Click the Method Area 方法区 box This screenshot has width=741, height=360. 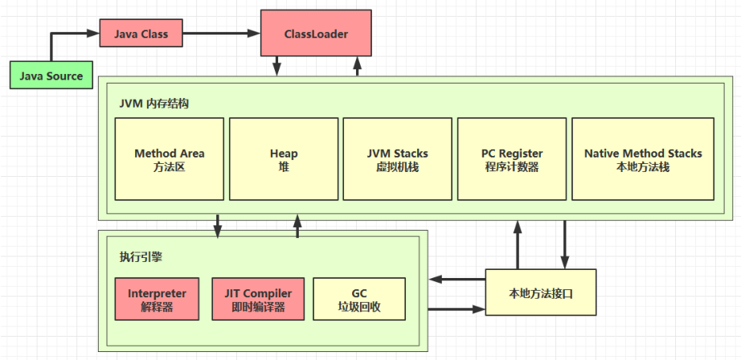169,159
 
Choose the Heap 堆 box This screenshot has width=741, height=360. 284,159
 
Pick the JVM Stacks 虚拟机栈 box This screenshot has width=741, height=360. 397,159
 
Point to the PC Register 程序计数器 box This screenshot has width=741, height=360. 511,159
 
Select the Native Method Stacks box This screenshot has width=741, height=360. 642,159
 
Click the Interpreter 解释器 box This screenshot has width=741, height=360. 157,300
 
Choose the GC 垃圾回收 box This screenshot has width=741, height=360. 358,300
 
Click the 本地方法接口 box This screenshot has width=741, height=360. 541,293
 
